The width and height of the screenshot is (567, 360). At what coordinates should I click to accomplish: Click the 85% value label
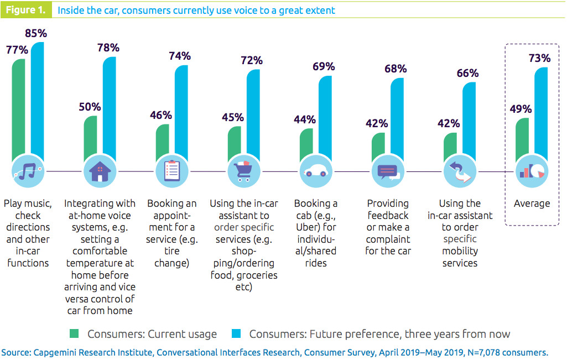coord(35,33)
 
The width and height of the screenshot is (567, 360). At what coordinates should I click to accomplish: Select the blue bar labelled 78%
coord(109,105)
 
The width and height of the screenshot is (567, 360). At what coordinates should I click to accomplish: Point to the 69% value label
coord(324,66)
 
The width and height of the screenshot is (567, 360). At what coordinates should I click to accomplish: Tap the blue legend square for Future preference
coord(237,333)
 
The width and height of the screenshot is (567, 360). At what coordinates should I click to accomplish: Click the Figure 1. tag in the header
coord(26,10)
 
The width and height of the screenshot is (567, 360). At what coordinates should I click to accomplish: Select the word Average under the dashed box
coord(532,204)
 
